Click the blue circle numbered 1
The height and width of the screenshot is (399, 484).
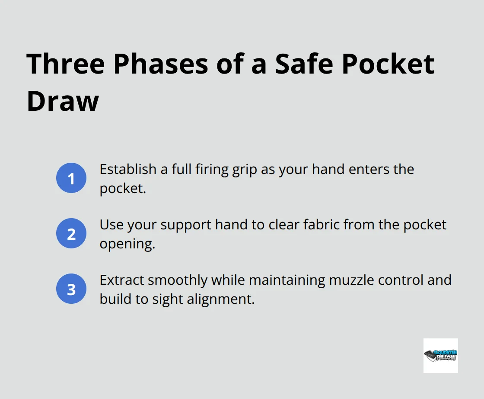coord(71,178)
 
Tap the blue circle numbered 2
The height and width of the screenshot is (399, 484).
coord(71,234)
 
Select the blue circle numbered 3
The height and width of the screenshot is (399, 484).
coord(71,289)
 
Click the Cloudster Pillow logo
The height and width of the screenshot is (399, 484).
coord(440,355)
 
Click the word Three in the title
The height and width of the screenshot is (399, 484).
coord(65,64)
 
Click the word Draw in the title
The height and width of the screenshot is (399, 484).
coord(63,102)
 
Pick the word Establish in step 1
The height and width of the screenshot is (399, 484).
coord(126,169)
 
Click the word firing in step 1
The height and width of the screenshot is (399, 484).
coord(207,169)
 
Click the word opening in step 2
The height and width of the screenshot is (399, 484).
coord(127,244)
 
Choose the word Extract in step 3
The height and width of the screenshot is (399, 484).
coord(122,280)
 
